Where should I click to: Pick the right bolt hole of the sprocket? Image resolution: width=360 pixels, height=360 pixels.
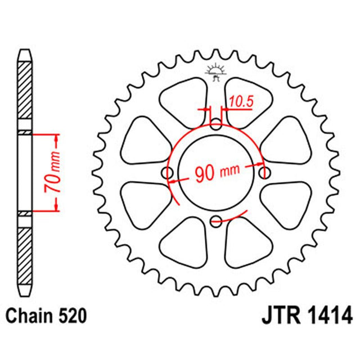[264, 173]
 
